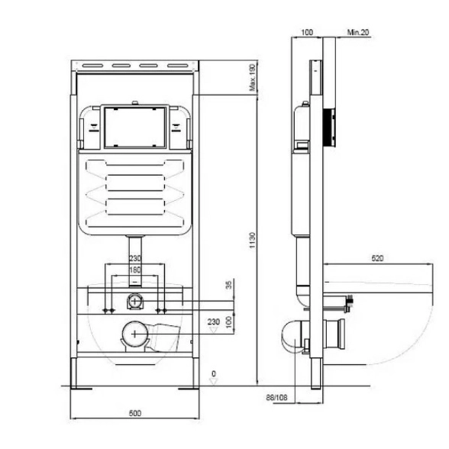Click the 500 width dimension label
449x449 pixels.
(x=135, y=413)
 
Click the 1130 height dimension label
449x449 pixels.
(x=252, y=240)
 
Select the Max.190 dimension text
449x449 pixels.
(x=252, y=78)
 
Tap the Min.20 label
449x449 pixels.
(x=358, y=32)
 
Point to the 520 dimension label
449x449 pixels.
(x=377, y=258)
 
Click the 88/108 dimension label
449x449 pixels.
(x=276, y=397)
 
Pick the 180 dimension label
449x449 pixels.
(x=135, y=270)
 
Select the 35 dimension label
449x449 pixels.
(x=229, y=285)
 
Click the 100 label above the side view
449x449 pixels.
(x=307, y=32)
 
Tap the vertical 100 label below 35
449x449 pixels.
(x=229, y=322)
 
